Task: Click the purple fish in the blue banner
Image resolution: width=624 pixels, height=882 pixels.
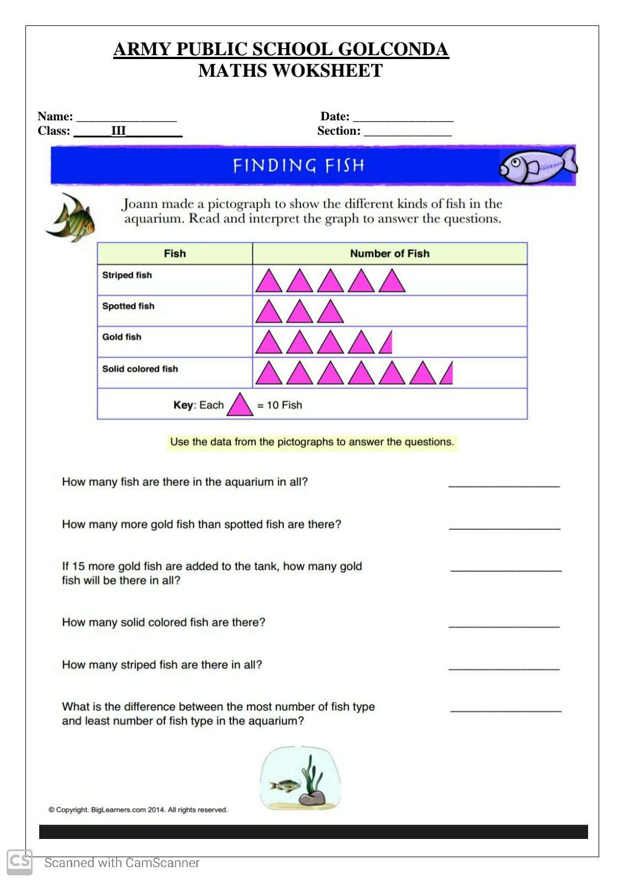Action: [537, 166]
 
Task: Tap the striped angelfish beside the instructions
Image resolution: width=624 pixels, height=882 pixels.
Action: [72, 218]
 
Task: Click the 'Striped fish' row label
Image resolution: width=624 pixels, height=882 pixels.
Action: [126, 275]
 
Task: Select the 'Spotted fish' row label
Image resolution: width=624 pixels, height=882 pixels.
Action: [128, 306]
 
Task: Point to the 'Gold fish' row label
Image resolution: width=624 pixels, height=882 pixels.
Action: [121, 337]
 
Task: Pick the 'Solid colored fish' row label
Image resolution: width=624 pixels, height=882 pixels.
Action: [140, 369]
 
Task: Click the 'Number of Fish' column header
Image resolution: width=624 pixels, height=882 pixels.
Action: [389, 253]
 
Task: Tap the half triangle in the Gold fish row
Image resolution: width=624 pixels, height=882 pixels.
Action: [387, 344]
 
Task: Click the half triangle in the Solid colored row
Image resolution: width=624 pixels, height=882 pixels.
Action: [448, 374]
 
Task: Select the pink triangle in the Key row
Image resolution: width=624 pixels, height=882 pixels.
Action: [240, 405]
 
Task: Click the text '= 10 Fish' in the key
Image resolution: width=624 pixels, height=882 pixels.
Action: [280, 405]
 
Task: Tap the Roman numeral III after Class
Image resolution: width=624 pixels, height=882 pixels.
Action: [118, 131]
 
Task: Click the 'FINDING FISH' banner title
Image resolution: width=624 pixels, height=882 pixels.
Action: [298, 166]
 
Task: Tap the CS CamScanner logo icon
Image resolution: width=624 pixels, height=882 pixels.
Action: [19, 862]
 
